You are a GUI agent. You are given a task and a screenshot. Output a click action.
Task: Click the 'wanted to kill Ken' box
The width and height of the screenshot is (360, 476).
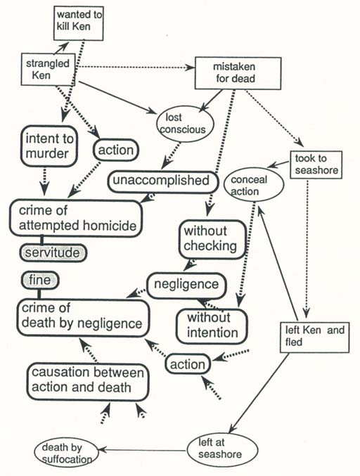83,23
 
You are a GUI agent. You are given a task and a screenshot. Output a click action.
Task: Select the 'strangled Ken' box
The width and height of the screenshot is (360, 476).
48,70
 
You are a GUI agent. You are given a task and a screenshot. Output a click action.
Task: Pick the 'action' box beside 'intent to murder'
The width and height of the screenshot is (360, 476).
114,150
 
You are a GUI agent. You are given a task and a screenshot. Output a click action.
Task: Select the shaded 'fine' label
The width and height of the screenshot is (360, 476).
39,280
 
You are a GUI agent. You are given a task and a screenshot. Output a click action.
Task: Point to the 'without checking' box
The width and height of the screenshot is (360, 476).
213,239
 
